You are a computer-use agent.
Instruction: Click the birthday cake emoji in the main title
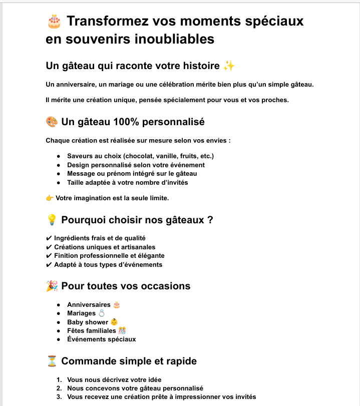[54, 22]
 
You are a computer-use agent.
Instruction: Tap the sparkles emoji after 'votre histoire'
[229, 66]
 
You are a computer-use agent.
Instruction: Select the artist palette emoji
[52, 122]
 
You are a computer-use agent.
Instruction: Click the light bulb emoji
[52, 219]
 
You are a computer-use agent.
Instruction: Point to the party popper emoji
[52, 286]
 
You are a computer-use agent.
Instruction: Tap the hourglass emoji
[52, 361]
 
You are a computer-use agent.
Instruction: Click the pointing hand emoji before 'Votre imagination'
[50, 198]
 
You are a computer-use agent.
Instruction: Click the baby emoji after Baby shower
[114, 322]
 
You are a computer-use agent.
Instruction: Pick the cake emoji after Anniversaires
[117, 304]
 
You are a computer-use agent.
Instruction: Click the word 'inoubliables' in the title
[172, 39]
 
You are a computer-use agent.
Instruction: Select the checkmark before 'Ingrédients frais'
[49, 238]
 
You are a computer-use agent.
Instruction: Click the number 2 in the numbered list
[59, 388]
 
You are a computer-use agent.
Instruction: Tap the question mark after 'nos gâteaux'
[210, 219]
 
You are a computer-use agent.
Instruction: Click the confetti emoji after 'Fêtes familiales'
[122, 330]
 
